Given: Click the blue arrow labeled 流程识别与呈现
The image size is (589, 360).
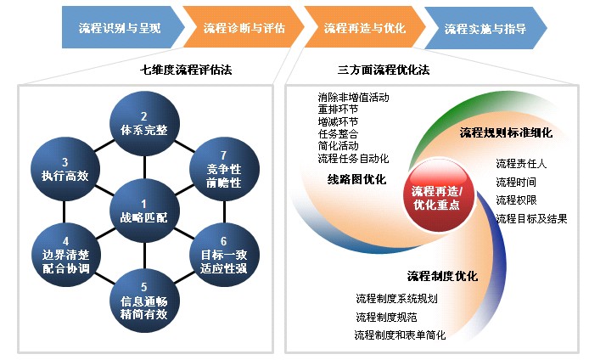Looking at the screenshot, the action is click(x=121, y=27).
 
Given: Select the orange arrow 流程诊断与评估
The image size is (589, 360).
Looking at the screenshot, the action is click(x=244, y=27).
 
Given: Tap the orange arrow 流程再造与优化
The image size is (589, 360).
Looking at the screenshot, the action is click(x=365, y=27).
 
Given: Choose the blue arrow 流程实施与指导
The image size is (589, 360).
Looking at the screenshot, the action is click(x=485, y=28).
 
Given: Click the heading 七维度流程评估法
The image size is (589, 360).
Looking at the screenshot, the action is click(x=186, y=70).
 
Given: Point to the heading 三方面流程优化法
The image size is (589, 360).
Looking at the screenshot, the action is click(x=384, y=70).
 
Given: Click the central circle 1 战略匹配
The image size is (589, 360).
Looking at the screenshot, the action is click(x=144, y=211).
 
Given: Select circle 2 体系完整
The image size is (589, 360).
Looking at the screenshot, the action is click(x=144, y=123).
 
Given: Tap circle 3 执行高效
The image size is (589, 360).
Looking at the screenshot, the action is click(x=65, y=169).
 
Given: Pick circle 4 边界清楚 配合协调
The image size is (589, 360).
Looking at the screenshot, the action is click(x=65, y=255).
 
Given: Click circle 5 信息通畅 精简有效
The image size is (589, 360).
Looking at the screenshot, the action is click(x=144, y=301).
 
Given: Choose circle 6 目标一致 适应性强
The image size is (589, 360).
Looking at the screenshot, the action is click(x=224, y=255).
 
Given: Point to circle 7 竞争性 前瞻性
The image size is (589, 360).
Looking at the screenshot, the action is click(x=224, y=169).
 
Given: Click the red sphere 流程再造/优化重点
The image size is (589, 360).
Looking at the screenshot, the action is click(x=437, y=197).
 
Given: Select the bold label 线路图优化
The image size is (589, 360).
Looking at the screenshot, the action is click(x=356, y=180).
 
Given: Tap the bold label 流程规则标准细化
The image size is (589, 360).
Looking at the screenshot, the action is click(x=506, y=132).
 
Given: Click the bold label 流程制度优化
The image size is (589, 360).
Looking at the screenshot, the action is click(x=442, y=277).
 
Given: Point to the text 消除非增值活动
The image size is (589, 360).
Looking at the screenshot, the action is click(x=353, y=98).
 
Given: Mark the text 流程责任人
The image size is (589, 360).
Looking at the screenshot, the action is click(x=521, y=164).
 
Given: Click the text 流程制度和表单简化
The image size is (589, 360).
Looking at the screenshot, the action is click(x=400, y=335).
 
